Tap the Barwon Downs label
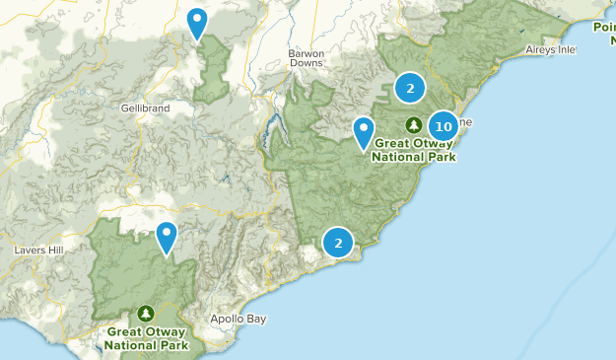(306, 57)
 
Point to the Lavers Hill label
(38, 251)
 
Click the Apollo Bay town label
(238, 319)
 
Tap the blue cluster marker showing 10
(444, 125)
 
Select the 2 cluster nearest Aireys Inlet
(410, 89)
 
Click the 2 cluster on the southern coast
(338, 242)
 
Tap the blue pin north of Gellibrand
(197, 22)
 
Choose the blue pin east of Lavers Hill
(168, 237)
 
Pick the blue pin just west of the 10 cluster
(365, 131)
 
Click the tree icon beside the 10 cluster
(414, 124)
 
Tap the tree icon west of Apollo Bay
(146, 313)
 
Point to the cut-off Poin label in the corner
(603, 27)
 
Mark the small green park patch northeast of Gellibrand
(211, 74)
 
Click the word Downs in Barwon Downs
(306, 63)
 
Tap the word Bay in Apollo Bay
(254, 319)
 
